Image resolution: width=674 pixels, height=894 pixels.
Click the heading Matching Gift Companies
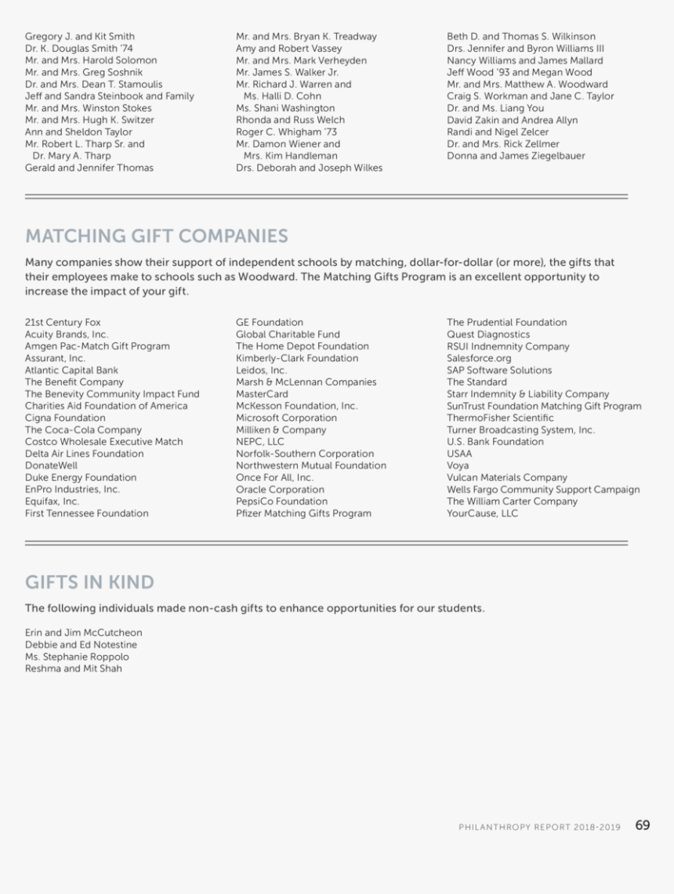pos(157,236)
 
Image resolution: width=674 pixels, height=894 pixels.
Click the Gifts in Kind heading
pos(89,582)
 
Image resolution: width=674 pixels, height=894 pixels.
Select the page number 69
pos(643,825)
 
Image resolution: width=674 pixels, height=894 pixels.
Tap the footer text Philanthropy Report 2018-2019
pos(539,827)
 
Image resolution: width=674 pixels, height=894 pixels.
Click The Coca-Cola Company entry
pos(83,430)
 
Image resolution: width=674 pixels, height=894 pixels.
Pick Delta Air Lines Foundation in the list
pos(84,454)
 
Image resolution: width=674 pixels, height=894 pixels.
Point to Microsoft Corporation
pos(286,418)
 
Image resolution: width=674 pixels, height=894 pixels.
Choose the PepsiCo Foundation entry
pos(281,501)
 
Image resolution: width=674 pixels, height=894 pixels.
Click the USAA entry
pos(459,454)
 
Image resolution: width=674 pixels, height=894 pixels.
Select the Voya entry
pos(458,465)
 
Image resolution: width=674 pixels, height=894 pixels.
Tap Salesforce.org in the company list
pos(479,358)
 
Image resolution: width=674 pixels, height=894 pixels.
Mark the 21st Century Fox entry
pos(63,322)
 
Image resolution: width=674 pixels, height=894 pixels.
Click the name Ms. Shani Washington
pos(284,108)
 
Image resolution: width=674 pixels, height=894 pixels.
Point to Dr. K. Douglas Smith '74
pos(78,49)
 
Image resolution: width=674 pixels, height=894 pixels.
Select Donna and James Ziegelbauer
pos(516,156)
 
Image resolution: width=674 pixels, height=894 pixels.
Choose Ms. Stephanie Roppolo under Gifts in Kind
pos(77,657)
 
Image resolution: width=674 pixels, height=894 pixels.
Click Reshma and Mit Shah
pos(73,669)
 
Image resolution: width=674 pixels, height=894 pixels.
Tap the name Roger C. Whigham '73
pos(286,132)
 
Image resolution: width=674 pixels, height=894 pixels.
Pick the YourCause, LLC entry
pos(482,513)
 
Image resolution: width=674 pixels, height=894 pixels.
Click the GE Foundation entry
pos(269,322)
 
